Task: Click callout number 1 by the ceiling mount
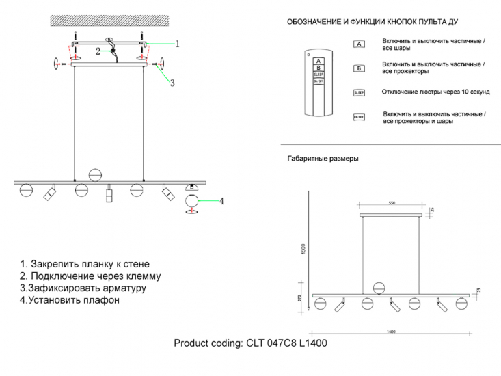pos(177,44)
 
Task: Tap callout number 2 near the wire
pos(98,51)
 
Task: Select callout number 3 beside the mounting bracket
pos(172,83)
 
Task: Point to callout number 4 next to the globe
pos(222,201)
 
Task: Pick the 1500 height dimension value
pos(303,251)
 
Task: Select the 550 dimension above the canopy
pos(392,204)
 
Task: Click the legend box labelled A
pos(358,44)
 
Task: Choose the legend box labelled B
pos(358,68)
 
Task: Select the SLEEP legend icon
pos(359,92)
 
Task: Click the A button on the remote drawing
pos(318,60)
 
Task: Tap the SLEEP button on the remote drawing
pos(318,74)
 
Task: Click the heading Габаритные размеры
pos(322,159)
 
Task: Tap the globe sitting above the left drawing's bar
pos(96,174)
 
